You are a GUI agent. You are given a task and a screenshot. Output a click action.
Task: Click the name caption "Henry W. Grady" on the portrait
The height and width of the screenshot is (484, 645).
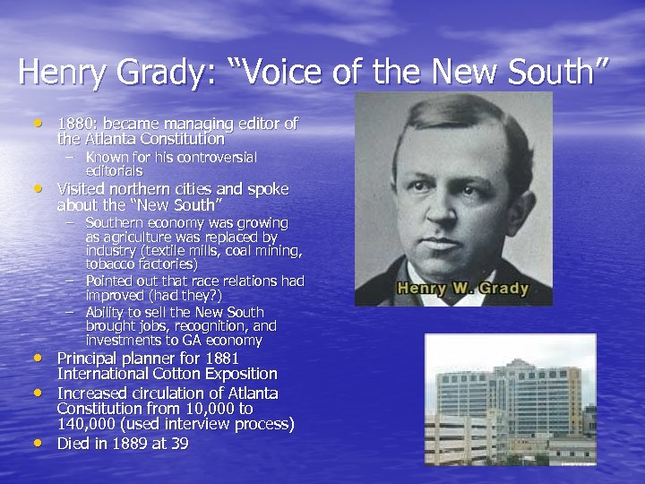click(x=462, y=289)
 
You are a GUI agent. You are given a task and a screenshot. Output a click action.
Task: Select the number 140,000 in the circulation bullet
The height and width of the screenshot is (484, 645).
click(x=90, y=424)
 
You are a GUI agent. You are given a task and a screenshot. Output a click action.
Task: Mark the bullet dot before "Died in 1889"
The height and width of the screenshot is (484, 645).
click(x=39, y=442)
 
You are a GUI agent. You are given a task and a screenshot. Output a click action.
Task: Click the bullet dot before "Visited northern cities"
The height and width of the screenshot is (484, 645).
click(x=39, y=188)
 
